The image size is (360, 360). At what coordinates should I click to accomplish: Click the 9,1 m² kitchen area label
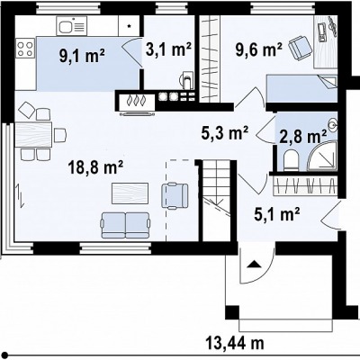pyautogui.click(x=82, y=56)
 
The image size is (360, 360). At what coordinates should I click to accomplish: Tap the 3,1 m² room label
pyautogui.click(x=168, y=49)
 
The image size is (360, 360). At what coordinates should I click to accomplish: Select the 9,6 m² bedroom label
pyautogui.click(x=258, y=49)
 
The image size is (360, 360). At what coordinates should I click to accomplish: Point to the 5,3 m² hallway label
pyautogui.click(x=225, y=132)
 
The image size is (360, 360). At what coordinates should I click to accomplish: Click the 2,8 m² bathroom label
pyautogui.click(x=303, y=137)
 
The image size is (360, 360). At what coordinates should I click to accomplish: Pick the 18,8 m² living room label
pyautogui.click(x=95, y=166)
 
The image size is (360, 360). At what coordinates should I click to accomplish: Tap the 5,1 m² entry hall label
pyautogui.click(x=277, y=214)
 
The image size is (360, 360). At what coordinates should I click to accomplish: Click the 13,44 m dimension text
pyautogui.click(x=235, y=342)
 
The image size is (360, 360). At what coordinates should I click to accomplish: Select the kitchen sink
pyautogui.click(x=71, y=26)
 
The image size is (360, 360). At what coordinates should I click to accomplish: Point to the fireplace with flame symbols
pyautogui.click(x=137, y=101)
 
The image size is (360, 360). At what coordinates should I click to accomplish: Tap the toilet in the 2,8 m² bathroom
pyautogui.click(x=291, y=160)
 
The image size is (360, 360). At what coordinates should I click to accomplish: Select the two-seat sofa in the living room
pyautogui.click(x=125, y=225)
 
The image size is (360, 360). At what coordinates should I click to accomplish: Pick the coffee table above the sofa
pyautogui.click(x=130, y=193)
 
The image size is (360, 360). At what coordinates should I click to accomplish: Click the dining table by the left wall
pyautogui.click(x=33, y=134)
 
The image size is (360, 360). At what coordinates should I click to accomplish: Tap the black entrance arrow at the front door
pyautogui.click(x=254, y=264)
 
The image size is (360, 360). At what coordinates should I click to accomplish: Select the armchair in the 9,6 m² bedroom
pyautogui.click(x=300, y=47)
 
